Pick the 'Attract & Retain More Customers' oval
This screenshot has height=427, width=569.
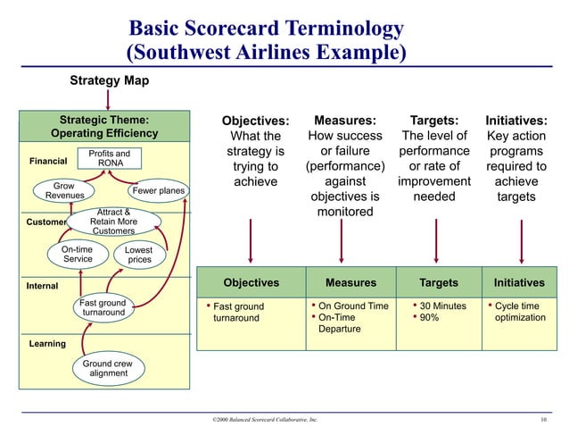point(112,221)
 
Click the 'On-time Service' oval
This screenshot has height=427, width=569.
point(78,254)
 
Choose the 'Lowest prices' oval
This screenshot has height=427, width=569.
point(138,255)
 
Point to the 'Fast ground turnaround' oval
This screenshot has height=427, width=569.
point(103,308)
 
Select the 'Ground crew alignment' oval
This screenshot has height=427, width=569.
point(108,369)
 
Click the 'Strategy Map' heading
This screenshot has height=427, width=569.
point(110,81)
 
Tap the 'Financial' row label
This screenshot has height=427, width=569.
point(48,162)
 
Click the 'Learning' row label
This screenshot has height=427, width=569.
point(46,343)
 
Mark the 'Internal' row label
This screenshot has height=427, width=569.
point(42,286)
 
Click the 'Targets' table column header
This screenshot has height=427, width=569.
point(438,283)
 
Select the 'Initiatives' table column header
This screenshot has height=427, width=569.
point(518,283)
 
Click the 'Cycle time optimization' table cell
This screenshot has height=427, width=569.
point(519,312)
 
